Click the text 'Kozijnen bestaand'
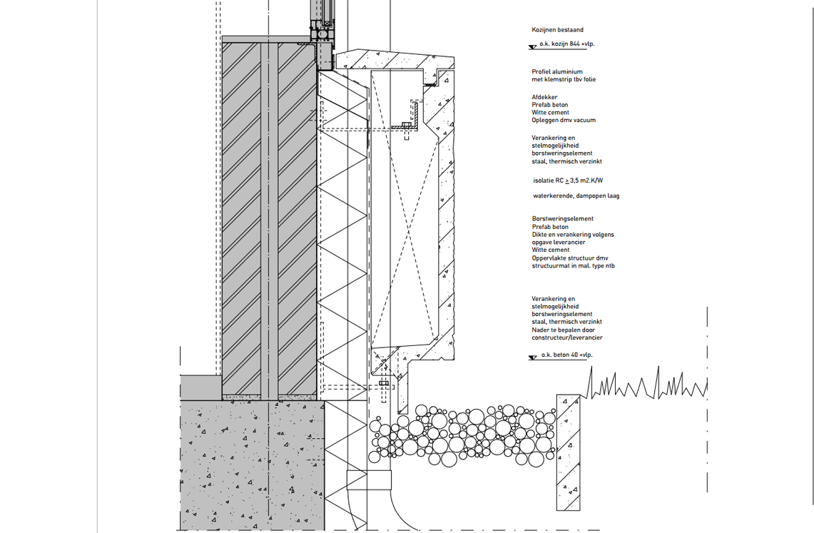click(557, 30)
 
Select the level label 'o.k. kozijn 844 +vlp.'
click(567, 44)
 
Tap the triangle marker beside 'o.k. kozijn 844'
click(533, 47)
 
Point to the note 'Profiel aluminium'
click(557, 71)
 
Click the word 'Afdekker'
click(544, 97)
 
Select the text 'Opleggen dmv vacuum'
click(564, 120)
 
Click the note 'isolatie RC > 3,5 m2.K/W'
click(568, 181)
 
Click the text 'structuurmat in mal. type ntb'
click(573, 265)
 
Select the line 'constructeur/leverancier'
click(567, 338)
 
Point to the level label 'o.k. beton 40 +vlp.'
click(566, 355)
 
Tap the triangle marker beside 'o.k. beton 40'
click(533, 358)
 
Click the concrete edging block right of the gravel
click(569, 452)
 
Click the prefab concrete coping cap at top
click(395, 61)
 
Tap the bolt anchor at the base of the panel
click(384, 384)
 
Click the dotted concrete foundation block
click(253, 465)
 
